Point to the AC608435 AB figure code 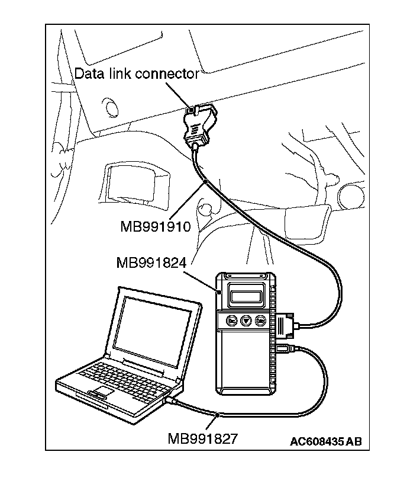click(325, 441)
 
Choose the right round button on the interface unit click(260, 321)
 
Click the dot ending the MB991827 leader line click(219, 415)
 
